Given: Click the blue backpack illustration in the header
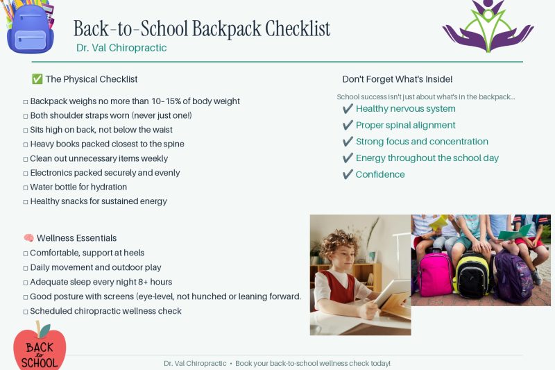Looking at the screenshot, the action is click(30, 28).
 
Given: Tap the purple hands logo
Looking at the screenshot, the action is click(488, 26).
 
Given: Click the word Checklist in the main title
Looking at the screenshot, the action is click(298, 28).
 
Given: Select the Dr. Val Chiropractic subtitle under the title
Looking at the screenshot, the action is click(121, 48).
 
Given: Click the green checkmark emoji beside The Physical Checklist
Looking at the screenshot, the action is click(37, 79).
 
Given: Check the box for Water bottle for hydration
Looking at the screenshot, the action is click(26, 187).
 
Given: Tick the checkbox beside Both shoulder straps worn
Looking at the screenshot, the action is click(26, 116).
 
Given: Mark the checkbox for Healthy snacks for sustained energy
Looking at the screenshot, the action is click(26, 202).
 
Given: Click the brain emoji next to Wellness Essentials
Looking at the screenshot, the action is click(28, 238).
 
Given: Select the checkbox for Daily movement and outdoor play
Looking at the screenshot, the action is click(26, 269).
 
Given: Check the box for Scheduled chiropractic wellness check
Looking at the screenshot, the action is click(26, 312).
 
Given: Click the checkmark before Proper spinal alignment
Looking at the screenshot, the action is click(348, 125).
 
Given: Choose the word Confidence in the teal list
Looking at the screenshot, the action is click(380, 174).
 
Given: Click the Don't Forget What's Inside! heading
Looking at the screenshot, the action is click(397, 79).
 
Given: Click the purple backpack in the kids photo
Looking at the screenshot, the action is click(514, 276).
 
